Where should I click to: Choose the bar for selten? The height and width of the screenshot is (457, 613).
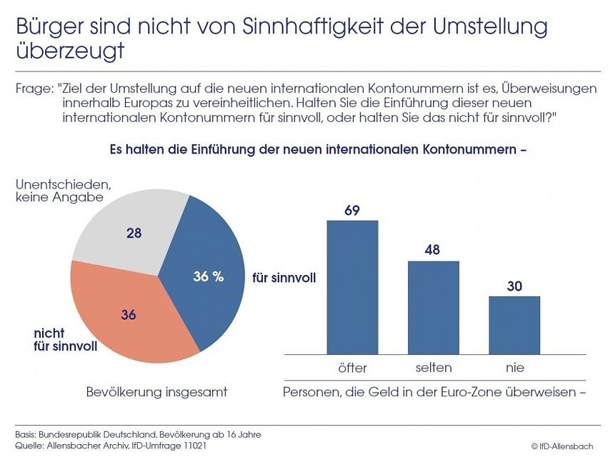(433, 307)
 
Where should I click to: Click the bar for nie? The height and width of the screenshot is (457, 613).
(514, 325)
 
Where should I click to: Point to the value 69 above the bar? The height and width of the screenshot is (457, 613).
(352, 211)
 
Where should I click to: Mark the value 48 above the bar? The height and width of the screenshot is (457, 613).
(433, 251)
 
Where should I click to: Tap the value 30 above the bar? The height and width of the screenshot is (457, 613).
(514, 286)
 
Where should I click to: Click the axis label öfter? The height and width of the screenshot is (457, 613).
(352, 368)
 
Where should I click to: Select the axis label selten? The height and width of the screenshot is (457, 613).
(433, 368)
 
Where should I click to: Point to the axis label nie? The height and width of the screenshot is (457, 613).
(514, 368)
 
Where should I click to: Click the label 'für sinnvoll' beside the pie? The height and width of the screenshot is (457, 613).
(284, 276)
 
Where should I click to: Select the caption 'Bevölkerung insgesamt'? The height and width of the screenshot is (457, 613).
(156, 392)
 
